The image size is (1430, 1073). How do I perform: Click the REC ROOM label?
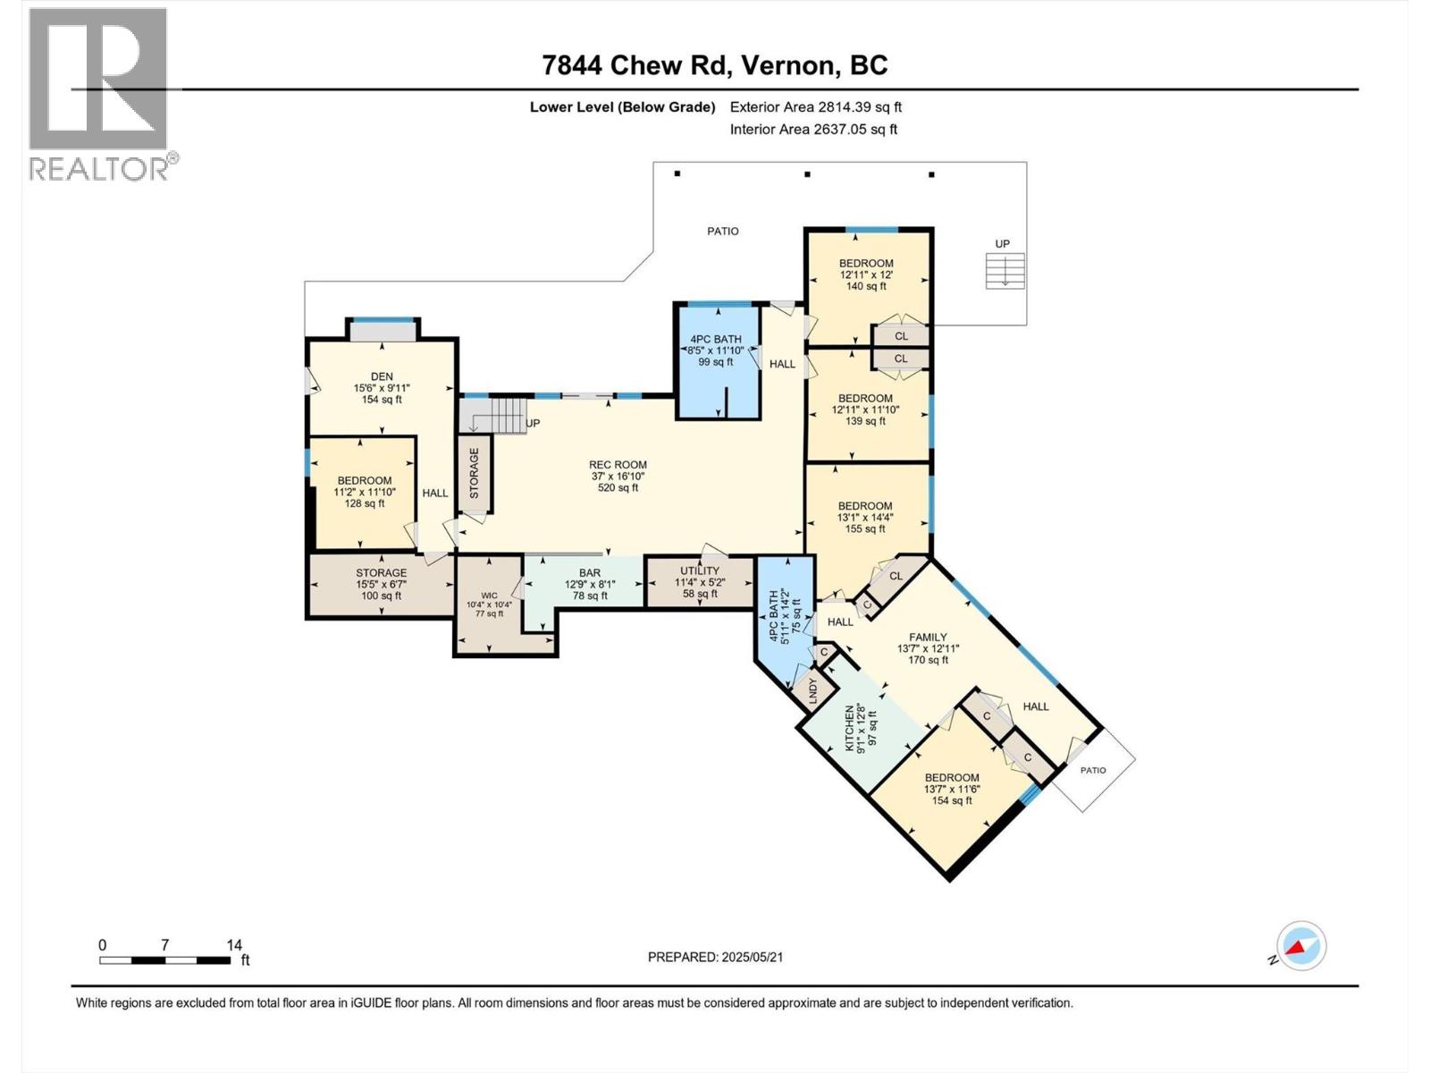[x=618, y=465]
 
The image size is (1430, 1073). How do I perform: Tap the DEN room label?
[x=382, y=377]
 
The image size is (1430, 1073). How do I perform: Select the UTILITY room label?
[x=699, y=570]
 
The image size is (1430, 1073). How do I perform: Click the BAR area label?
[x=590, y=573]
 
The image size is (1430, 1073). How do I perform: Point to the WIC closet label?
[x=489, y=596]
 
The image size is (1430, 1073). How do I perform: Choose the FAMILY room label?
[x=928, y=638]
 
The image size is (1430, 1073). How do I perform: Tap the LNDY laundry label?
[x=812, y=690]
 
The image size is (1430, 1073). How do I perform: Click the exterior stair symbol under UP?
[x=1005, y=270]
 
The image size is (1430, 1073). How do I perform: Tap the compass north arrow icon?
[x=1301, y=946]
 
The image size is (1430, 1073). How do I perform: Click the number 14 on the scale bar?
[x=234, y=945]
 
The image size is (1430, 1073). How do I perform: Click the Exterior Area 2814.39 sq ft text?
[x=815, y=106]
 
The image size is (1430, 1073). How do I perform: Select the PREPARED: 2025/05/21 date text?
[x=715, y=957]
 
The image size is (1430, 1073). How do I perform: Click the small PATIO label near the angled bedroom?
[x=1092, y=770]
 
